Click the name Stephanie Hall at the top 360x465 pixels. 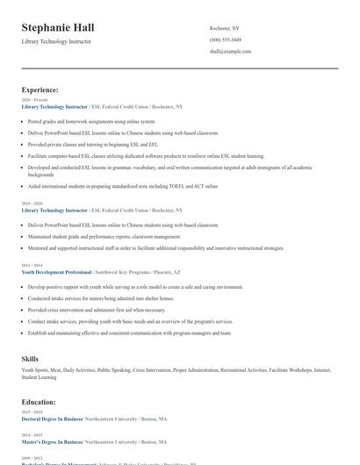pyautogui.click(x=58, y=28)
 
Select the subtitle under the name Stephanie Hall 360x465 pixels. pyautogui.click(x=55, y=41)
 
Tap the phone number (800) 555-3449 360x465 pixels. pyautogui.click(x=226, y=39)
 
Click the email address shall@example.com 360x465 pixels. pyautogui.click(x=230, y=51)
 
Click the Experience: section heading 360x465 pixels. pyautogui.click(x=40, y=89)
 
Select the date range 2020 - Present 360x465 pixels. pyautogui.click(x=31, y=101)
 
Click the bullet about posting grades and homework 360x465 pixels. pyautogui.click(x=92, y=121)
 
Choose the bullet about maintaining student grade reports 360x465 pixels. pyautogui.click(x=105, y=236)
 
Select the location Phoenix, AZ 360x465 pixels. pyautogui.click(x=168, y=272)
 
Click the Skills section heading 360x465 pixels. pyautogui.click(x=30, y=359)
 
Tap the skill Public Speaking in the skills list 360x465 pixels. pyautogui.click(x=114, y=371)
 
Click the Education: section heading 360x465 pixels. pyautogui.click(x=39, y=402)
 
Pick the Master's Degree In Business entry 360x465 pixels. pyautogui.click(x=51, y=441)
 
